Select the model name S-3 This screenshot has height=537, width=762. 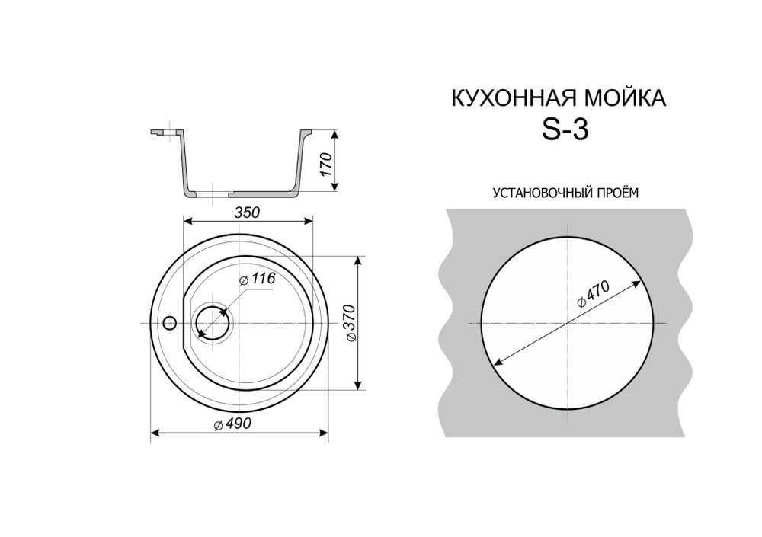pyautogui.click(x=565, y=131)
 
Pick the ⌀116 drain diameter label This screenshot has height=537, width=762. pyautogui.click(x=257, y=280)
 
